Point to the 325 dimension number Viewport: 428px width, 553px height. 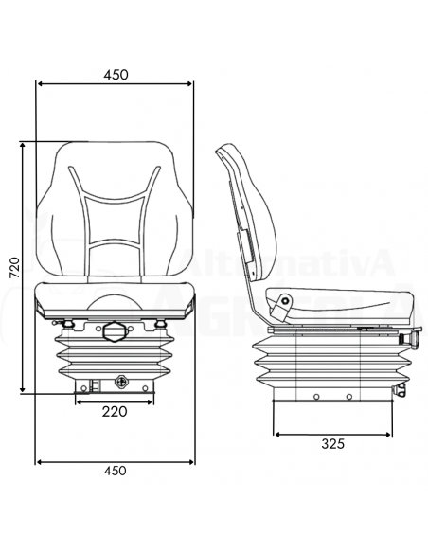pyautogui.click(x=331, y=442)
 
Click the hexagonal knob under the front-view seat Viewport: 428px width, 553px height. pyautogui.click(x=114, y=331)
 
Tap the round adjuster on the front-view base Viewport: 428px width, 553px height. pyautogui.click(x=120, y=382)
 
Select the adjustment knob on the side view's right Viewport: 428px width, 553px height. pyautogui.click(x=413, y=339)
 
